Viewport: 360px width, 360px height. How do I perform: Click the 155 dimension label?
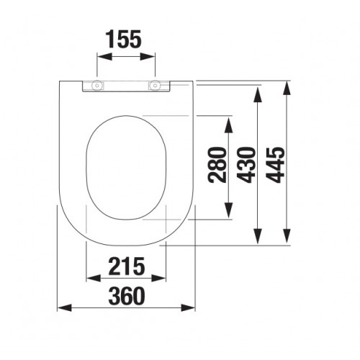pyautogui.click(x=124, y=39)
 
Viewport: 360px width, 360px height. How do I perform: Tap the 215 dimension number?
pyautogui.click(x=126, y=266)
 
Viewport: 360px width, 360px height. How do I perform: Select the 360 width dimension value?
pyautogui.click(x=127, y=296)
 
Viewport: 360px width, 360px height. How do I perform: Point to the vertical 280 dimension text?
pyautogui.click(x=217, y=165)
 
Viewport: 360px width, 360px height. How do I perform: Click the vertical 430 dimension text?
pyautogui.click(x=246, y=165)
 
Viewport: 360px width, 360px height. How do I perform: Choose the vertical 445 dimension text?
pyautogui.click(x=276, y=165)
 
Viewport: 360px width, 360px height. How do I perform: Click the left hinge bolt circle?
pyautogui.click(x=96, y=85)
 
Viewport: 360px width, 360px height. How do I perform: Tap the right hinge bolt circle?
pyautogui.click(x=156, y=85)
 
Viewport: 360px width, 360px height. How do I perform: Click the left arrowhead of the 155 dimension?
pyautogui.click(x=104, y=57)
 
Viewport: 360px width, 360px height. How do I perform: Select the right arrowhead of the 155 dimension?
pyautogui.click(x=148, y=57)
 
